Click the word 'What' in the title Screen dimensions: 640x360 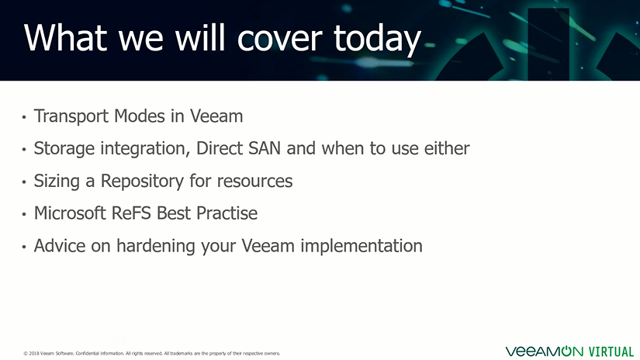[x=65, y=37]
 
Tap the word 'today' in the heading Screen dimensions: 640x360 [x=377, y=40]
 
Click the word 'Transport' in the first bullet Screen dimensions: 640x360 [x=71, y=116]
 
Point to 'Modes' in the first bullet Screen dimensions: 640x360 [x=139, y=116]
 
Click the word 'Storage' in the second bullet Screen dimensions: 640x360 [x=64, y=148]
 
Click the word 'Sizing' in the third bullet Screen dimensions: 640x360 [x=57, y=182]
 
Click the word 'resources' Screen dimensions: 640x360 [x=254, y=182]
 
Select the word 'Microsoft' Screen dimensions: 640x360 [x=70, y=213]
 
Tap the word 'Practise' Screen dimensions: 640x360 [x=227, y=213]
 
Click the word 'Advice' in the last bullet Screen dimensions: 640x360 [x=60, y=246]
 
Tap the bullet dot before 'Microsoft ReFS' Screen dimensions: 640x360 [x=24, y=214]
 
